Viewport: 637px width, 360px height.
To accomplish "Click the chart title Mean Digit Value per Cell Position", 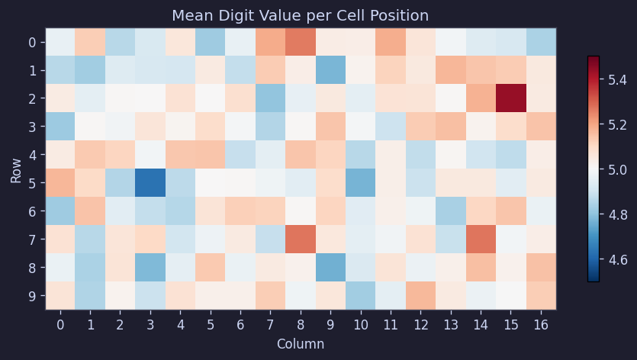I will [300, 15].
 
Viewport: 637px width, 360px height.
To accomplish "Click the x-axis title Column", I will [300, 344].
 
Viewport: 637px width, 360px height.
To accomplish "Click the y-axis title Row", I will [16, 169].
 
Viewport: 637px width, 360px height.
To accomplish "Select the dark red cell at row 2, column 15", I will [510, 98].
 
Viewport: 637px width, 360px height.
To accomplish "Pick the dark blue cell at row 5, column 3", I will [150, 182].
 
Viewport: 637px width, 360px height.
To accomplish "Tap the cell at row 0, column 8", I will [301, 42].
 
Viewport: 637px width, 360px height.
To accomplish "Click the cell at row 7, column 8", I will [301, 239].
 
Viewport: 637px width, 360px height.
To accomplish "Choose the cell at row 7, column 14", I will [481, 239].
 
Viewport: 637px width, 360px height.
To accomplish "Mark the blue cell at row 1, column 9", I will [330, 70].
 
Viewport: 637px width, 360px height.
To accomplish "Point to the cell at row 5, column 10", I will [360, 182].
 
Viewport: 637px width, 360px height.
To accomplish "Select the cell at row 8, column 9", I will [330, 267].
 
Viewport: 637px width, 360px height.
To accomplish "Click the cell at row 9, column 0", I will [60, 295].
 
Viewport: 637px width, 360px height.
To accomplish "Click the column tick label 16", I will [540, 324].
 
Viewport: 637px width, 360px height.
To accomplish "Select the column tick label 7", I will [270, 324].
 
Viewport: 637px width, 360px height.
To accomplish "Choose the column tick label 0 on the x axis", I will [60, 324].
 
